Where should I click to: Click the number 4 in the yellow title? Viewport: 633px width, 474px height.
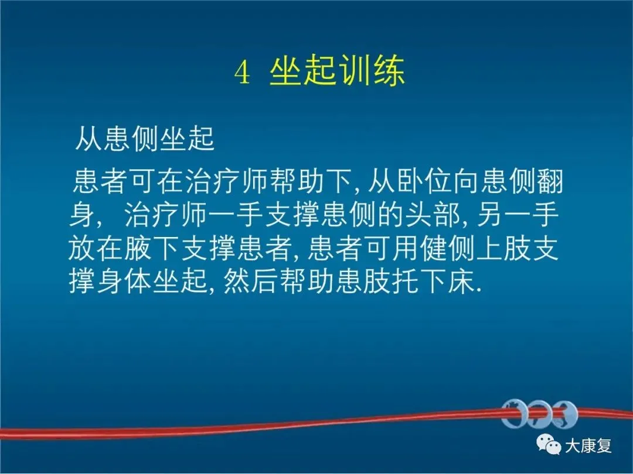coord(242,73)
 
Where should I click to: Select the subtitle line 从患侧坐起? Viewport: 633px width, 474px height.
coord(145,139)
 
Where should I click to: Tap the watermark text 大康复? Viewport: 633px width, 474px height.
coord(588,445)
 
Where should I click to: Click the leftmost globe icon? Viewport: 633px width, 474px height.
coord(514,414)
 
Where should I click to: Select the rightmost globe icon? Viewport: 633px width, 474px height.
coord(565,414)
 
